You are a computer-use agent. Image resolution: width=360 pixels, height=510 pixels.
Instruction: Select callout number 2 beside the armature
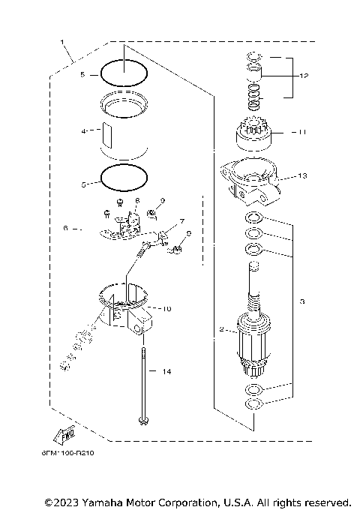(x=220, y=328)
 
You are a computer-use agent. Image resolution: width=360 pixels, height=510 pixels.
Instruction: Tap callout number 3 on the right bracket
(x=301, y=301)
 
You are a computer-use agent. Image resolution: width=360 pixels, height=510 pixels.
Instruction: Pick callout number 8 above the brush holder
(x=137, y=200)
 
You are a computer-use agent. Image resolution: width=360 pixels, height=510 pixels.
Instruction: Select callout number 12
(x=304, y=76)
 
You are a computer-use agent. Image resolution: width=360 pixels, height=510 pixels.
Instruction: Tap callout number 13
(x=302, y=177)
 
